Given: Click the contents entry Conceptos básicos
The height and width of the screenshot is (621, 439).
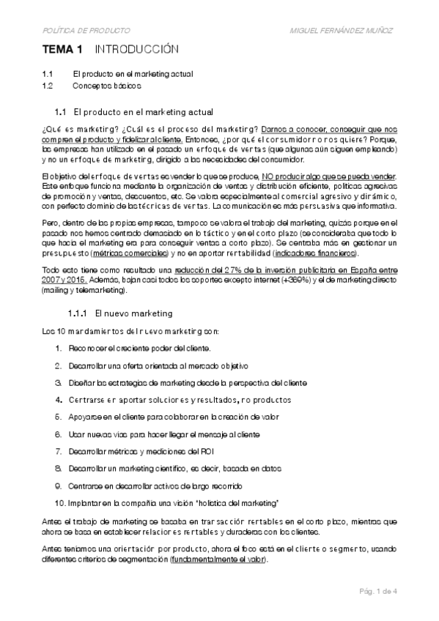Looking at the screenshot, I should (107, 86).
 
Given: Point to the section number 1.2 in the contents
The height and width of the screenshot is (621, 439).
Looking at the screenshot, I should (48, 86).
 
